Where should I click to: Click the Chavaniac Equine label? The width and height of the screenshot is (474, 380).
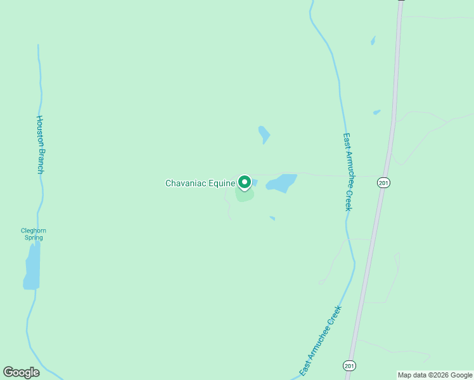tap(199, 184)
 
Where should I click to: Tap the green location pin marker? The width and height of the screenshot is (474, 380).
tap(245, 182)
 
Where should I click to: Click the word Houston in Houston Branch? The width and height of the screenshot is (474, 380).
tap(39, 132)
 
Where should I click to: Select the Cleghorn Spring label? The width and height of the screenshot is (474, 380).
tap(33, 234)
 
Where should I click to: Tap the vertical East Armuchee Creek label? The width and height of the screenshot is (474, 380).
tap(347, 171)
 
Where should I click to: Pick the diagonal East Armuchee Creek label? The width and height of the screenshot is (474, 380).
tap(320, 340)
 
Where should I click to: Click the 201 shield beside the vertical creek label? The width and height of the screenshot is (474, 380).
tap(383, 183)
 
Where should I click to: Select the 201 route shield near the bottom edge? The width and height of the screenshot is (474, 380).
tap(349, 365)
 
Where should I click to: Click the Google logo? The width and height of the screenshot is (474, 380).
tap(21, 372)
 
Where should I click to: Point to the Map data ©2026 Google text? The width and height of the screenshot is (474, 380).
tap(435, 375)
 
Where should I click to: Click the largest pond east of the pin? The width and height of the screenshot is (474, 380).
tap(282, 183)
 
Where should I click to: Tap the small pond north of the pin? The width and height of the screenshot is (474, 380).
tap(264, 134)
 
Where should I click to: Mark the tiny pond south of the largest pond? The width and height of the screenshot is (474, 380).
tap(272, 218)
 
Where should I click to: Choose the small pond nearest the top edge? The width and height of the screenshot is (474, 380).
tap(373, 41)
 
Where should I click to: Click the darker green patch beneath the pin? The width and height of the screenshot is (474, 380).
tap(245, 194)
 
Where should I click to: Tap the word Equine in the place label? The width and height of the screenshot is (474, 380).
tap(221, 184)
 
